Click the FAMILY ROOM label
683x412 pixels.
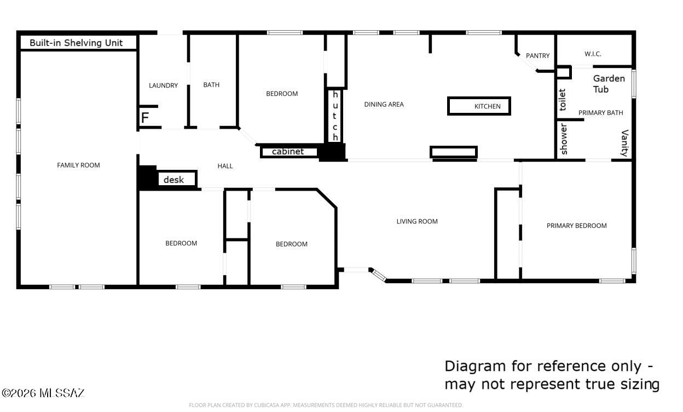[78, 165]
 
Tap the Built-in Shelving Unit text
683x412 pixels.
[76, 43]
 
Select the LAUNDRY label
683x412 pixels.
[163, 85]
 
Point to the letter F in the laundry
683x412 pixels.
[145, 118]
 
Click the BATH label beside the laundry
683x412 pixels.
[211, 85]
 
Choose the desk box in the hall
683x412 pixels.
[177, 179]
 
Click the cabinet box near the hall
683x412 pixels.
[288, 152]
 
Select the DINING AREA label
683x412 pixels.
[384, 104]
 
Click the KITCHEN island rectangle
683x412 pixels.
[479, 106]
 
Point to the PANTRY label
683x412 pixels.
[537, 56]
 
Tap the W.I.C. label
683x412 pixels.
[593, 54]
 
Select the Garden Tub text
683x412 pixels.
[609, 84]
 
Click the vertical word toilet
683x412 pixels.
[563, 100]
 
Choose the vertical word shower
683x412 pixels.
[564, 139]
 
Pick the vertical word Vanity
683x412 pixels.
[624, 143]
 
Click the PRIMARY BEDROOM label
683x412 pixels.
[576, 226]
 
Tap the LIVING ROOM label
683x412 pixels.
[417, 221]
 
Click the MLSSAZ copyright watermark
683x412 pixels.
[43, 393]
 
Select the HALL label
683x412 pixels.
[225, 166]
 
